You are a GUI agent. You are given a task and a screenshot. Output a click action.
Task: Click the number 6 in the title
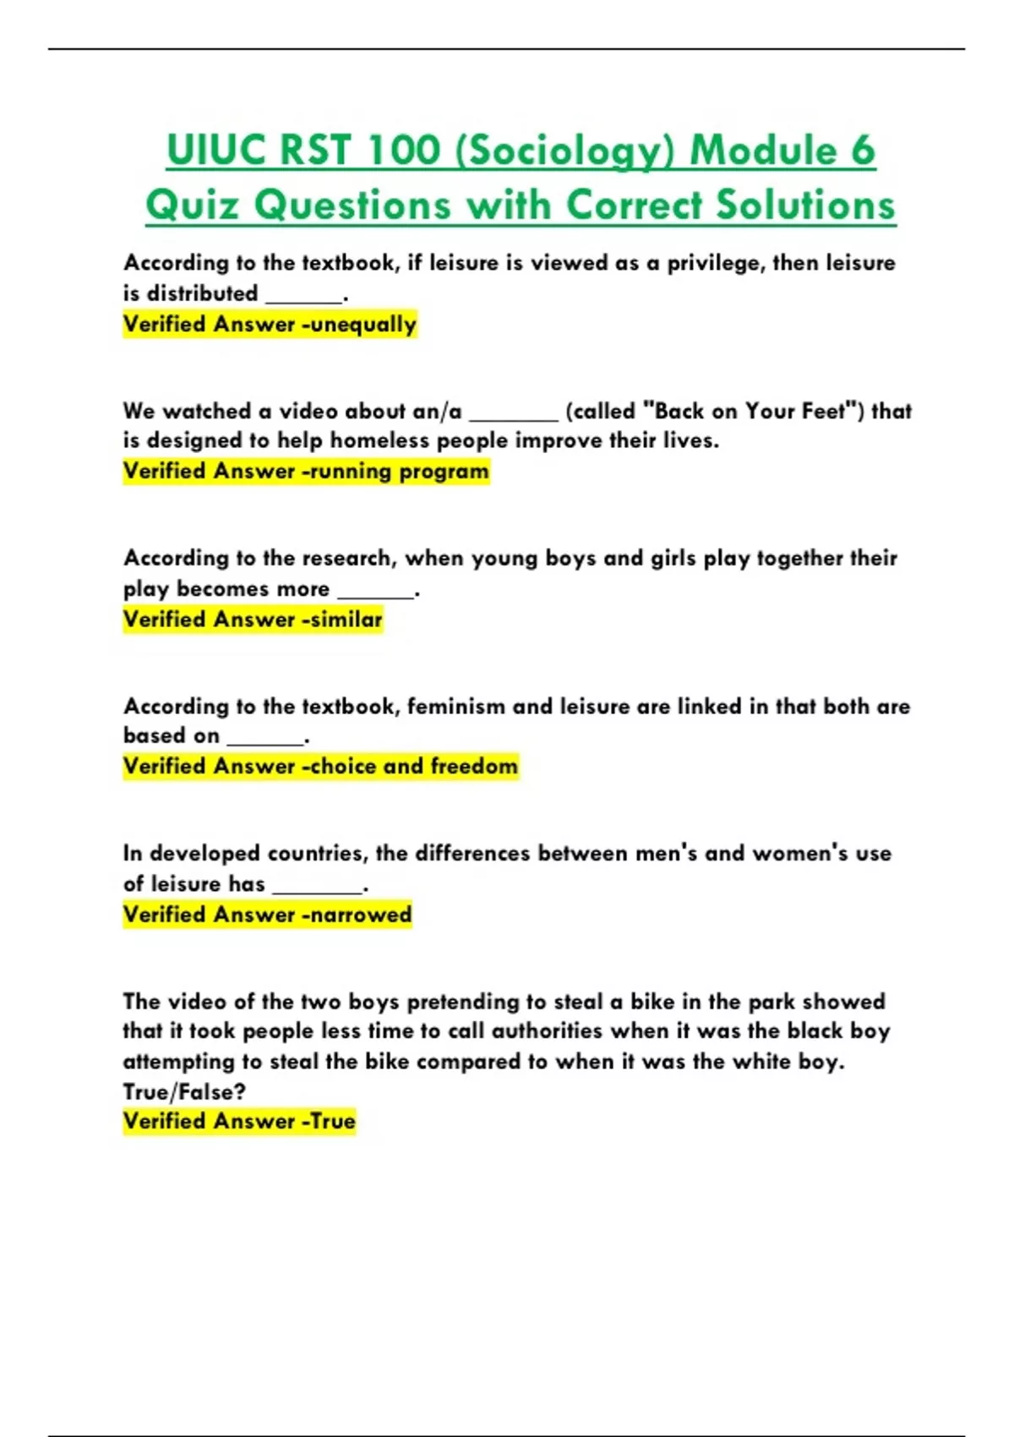click(862, 151)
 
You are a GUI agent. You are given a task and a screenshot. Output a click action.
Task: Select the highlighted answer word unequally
click(363, 325)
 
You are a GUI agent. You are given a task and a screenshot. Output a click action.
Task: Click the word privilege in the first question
click(714, 263)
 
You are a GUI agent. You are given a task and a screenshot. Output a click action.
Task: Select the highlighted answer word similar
click(346, 620)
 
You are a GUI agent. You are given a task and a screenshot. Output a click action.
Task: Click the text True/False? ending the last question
click(184, 1092)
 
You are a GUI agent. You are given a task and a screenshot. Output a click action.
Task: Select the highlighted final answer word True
click(333, 1122)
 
